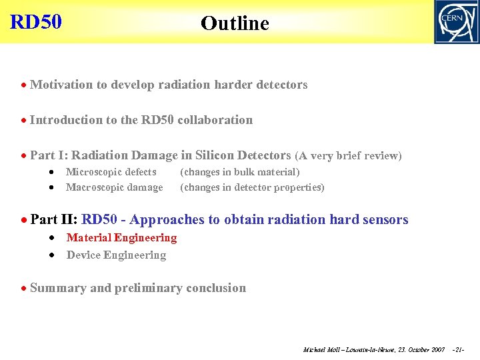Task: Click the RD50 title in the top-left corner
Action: pos(36,22)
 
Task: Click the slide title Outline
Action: pos(235,23)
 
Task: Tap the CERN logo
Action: pos(456,22)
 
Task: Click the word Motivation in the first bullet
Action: pos(62,85)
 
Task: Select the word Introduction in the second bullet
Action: pos(66,120)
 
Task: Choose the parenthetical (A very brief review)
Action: pos(348,156)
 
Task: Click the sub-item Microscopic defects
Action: pos(111,172)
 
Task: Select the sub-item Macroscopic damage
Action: pos(114,187)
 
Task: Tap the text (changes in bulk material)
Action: pos(240,172)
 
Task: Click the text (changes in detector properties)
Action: pos(252,187)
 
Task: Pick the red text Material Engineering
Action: pos(121,237)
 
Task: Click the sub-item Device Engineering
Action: pos(116,255)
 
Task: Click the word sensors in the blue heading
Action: pos(385,219)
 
